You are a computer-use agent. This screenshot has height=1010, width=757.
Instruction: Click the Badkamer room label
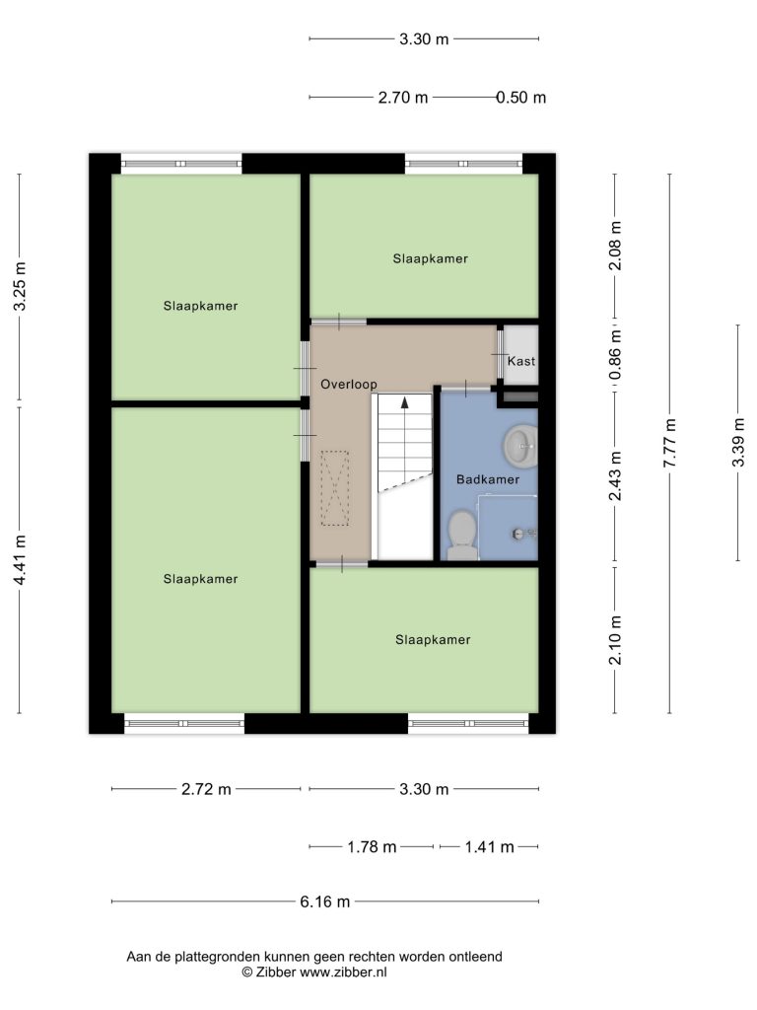(x=487, y=479)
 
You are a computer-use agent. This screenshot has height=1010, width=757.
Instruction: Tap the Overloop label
(x=349, y=385)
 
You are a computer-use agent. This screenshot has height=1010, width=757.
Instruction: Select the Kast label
(x=520, y=361)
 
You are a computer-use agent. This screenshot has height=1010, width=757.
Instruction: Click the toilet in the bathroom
(x=462, y=535)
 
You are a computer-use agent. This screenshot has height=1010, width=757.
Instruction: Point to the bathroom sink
(x=520, y=445)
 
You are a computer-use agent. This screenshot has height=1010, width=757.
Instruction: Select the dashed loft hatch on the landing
(x=335, y=488)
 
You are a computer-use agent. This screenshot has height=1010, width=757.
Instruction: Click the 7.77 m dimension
(x=670, y=443)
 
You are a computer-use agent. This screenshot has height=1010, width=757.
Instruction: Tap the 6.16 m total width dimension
(x=325, y=902)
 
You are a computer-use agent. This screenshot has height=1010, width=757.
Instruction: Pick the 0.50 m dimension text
(x=520, y=98)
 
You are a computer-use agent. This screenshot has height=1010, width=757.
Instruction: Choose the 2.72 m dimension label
(x=206, y=789)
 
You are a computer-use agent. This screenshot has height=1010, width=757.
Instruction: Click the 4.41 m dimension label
(x=20, y=560)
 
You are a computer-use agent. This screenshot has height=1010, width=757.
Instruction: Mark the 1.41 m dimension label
(x=489, y=847)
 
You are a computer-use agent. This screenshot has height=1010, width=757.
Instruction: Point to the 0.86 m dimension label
(x=616, y=355)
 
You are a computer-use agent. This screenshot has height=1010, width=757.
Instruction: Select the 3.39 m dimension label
(x=738, y=443)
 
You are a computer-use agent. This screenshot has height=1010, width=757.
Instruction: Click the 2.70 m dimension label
(x=403, y=98)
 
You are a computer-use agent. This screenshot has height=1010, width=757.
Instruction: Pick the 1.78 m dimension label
(x=372, y=847)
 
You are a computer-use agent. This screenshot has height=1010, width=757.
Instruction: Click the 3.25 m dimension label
(x=20, y=286)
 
